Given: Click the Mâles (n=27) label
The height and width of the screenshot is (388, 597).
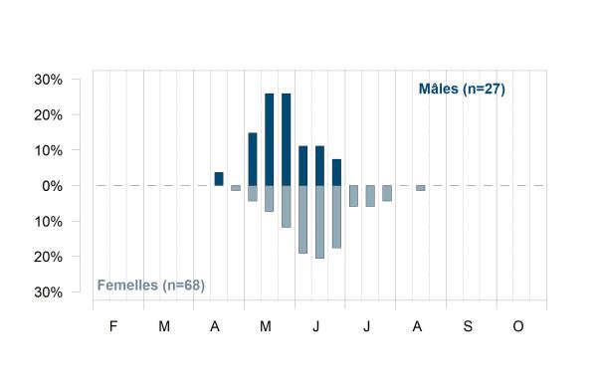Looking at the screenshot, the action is click(462, 90).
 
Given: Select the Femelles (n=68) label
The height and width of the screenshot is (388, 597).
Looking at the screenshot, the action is click(151, 286).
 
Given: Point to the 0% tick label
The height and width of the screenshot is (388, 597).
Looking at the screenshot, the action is click(52, 186).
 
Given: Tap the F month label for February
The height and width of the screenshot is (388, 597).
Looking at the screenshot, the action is click(113, 326).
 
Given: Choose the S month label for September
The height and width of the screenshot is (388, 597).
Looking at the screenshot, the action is click(468, 326).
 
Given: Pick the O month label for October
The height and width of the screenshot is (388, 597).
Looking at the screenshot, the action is click(518, 326).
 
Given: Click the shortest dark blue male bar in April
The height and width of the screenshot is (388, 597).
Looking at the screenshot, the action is click(219, 179).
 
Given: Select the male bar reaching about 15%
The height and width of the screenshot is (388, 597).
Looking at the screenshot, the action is click(253, 159).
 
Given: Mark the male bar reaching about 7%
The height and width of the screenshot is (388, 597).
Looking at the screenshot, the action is click(336, 172).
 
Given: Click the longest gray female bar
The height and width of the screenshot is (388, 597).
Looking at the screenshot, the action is click(319, 222).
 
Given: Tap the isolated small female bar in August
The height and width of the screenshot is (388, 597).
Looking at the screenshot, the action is click(421, 188).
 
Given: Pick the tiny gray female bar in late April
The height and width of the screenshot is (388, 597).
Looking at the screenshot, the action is click(236, 188).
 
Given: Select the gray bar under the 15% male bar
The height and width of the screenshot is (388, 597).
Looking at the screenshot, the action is click(253, 193).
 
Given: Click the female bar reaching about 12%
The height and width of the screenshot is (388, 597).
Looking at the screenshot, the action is click(287, 207).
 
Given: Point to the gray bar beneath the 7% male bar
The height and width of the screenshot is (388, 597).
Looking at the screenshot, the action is click(336, 217).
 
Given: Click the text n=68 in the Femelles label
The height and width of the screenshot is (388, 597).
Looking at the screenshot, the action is click(183, 286).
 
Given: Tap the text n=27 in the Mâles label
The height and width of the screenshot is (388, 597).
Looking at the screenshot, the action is click(484, 90).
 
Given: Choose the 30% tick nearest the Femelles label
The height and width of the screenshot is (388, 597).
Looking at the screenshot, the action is click(49, 292).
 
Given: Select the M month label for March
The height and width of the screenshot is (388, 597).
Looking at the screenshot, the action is click(164, 326).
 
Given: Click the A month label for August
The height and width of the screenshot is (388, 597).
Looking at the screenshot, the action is click(417, 326).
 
